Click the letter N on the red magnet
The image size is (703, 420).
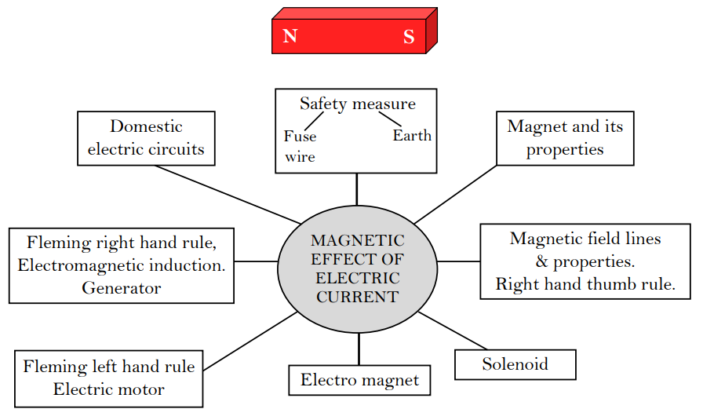click(290, 37)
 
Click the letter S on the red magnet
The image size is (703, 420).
click(409, 37)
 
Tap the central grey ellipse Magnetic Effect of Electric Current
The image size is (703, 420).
click(358, 268)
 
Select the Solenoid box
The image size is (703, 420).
click(515, 364)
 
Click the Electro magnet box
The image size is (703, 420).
click(359, 381)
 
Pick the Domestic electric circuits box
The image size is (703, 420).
click(146, 138)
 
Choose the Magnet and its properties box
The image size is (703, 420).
click(565, 138)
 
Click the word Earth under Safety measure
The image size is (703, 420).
click(412, 136)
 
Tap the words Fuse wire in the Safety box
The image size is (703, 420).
click(300, 147)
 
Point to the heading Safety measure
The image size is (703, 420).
click(358, 104)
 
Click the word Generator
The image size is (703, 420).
click(121, 288)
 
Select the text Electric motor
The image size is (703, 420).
click(109, 389)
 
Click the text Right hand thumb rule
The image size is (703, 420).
click(585, 284)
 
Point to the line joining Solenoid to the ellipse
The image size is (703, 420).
click(453, 331)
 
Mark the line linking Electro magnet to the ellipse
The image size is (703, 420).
click(359, 349)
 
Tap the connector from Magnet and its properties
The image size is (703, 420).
click(456, 194)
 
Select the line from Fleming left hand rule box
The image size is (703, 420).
click(250, 341)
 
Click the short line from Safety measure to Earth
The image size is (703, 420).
click(390, 119)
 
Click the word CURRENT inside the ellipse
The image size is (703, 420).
click(358, 297)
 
